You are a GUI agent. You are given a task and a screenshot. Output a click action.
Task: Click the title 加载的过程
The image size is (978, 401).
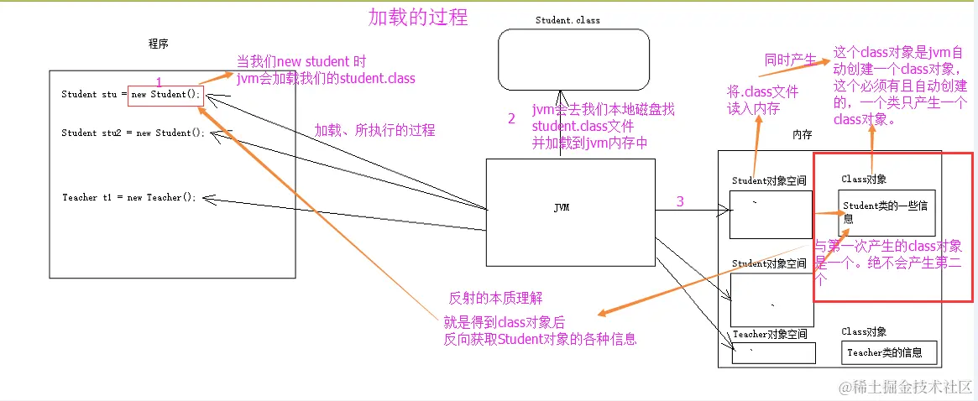[418, 16]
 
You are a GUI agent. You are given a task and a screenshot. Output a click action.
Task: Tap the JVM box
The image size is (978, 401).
[570, 207]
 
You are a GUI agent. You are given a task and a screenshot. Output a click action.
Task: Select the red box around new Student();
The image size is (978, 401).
[165, 94]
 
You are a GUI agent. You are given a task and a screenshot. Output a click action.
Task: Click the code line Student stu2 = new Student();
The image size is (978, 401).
[133, 133]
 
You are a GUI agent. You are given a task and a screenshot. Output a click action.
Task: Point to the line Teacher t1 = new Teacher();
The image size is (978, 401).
[128, 197]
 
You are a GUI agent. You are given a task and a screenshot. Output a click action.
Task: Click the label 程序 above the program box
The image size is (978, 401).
[158, 44]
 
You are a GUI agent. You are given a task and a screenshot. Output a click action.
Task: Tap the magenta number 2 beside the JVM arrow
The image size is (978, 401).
[511, 118]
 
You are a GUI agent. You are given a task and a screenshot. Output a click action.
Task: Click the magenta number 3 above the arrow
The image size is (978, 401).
[680, 200]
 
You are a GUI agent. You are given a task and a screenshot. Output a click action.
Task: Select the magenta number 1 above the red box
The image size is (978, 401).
[159, 82]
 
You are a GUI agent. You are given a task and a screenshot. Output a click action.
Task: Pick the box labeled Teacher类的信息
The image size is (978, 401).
[888, 352]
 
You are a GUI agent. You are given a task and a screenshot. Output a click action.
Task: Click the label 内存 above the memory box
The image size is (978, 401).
[803, 135]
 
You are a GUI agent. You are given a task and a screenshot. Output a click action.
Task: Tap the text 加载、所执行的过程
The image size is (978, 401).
[374, 130]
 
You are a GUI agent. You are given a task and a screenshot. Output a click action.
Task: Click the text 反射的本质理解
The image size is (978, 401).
[495, 298]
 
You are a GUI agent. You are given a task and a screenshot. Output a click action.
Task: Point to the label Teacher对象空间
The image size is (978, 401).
[770, 334]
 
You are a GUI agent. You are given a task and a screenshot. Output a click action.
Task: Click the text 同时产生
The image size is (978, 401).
[790, 60]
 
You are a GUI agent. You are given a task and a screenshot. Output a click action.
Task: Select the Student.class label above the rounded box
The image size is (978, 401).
[567, 20]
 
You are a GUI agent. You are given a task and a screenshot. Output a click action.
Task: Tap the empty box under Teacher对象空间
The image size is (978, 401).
[773, 353]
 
